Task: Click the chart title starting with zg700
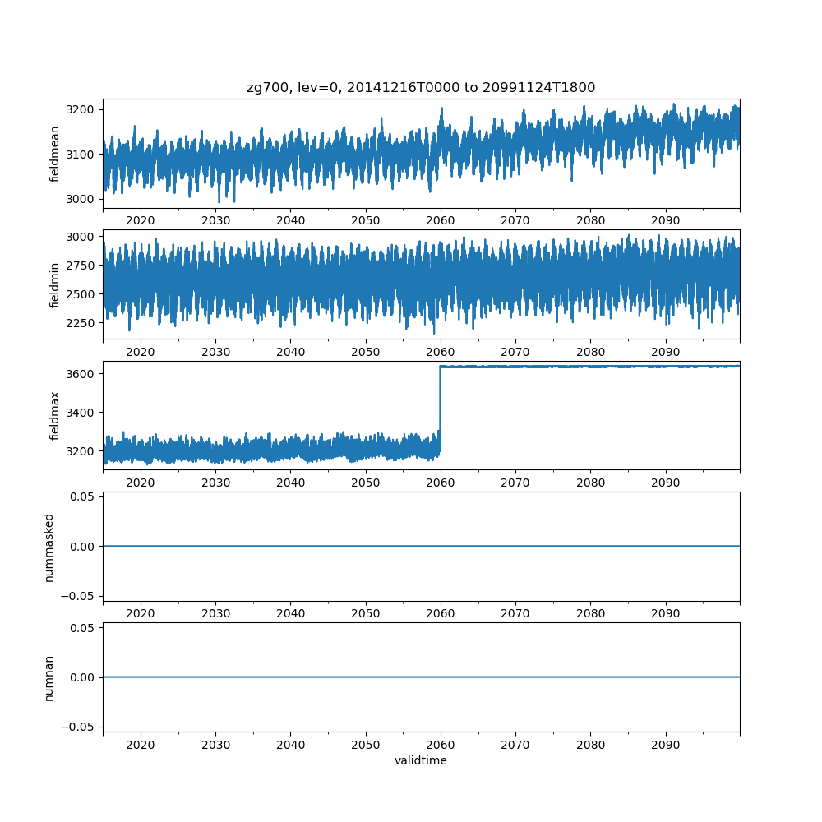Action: point(421,87)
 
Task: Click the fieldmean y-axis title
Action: point(54,154)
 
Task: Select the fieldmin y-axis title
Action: point(54,284)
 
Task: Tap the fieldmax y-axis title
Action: point(54,415)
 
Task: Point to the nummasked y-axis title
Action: point(48,547)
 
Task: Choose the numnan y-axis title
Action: point(48,677)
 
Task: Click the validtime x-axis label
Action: point(421,760)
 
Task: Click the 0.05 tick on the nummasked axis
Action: point(83,496)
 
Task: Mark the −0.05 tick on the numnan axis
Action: point(80,726)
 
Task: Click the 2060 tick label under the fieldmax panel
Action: point(441,483)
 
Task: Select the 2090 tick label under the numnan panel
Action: point(666,744)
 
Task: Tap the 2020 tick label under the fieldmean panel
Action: point(141,220)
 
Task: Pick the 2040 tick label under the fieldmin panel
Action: point(290,352)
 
